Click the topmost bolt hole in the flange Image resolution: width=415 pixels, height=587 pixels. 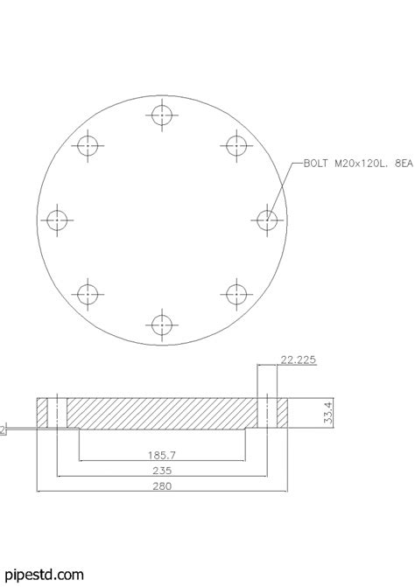161,115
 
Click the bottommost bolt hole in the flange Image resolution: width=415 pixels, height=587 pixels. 161,325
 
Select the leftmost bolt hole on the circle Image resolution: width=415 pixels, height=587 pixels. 57,220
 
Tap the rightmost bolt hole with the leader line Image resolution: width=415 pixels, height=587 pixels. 267,220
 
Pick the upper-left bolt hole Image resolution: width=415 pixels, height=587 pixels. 88,145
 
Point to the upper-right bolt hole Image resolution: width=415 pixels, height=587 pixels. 236,145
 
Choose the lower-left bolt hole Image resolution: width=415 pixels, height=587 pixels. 88,294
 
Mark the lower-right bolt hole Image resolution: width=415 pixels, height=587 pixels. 236,294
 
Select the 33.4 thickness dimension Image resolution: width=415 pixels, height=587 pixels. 327,414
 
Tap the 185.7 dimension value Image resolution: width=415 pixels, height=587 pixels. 162,455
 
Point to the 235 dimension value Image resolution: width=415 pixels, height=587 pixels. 162,471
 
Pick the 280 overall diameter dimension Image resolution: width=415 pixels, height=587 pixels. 162,487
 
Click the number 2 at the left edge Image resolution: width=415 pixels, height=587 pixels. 3,430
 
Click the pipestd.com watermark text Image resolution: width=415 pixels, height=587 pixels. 32,575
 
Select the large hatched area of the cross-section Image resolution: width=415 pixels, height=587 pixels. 162,413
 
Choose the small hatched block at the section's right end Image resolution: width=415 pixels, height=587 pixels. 283,413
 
